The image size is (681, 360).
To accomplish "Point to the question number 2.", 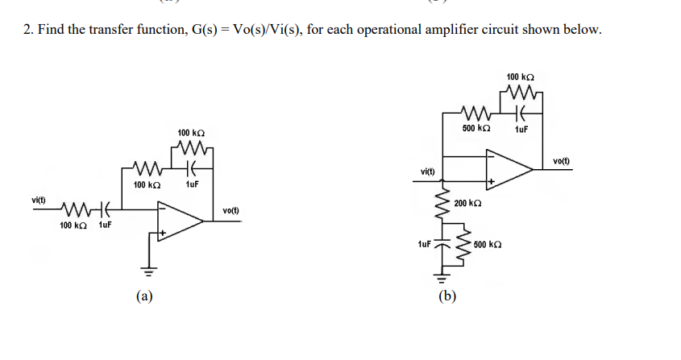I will coord(27,30).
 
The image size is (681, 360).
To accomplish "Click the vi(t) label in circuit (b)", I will coord(427,172).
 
